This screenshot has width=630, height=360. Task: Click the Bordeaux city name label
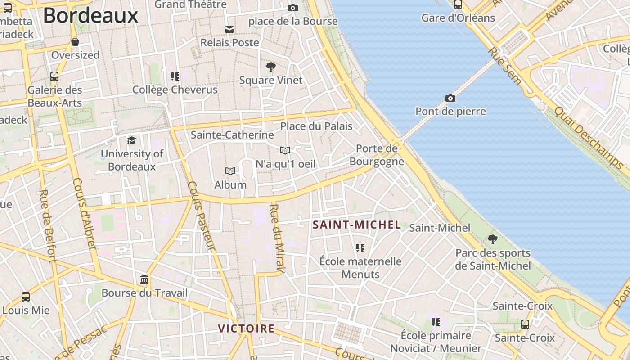[90, 16]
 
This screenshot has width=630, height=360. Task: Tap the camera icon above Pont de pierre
[450, 98]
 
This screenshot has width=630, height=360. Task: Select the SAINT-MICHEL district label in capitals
[356, 225]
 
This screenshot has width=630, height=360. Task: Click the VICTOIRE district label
[246, 328]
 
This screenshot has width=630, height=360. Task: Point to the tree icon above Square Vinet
[270, 67]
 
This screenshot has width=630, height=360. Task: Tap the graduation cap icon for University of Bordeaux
[131, 140]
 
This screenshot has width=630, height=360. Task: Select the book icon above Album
[230, 171]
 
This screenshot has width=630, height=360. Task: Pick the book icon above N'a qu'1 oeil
[285, 150]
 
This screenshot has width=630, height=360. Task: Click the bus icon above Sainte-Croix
[525, 324]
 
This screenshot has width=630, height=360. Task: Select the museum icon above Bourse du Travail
[144, 279]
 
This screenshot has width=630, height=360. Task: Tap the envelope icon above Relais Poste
[229, 30]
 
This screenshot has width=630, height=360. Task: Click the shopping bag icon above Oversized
[75, 42]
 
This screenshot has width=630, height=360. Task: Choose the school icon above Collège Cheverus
[175, 76]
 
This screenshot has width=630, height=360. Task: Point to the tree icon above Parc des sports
[493, 239]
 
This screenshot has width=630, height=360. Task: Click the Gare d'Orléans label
[458, 18]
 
